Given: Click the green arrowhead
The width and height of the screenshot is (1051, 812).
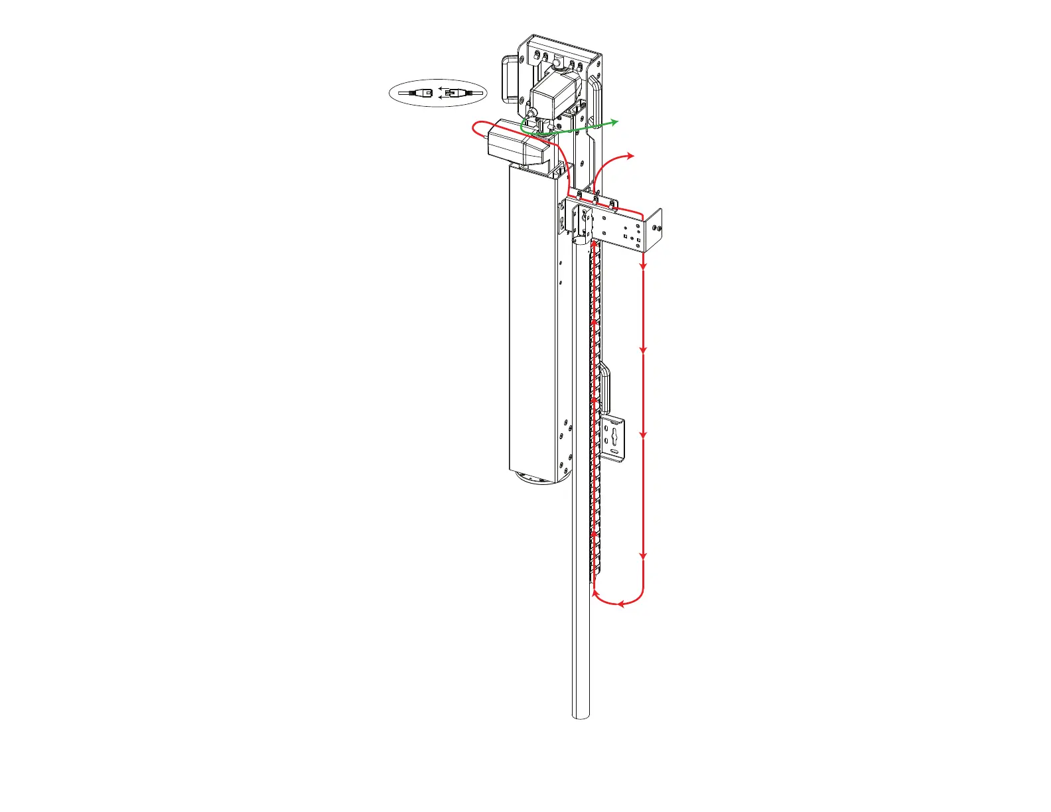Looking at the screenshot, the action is (614, 121).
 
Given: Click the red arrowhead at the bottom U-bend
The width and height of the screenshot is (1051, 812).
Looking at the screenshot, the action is (621, 604).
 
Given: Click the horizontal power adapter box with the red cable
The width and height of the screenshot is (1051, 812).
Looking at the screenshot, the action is (518, 147).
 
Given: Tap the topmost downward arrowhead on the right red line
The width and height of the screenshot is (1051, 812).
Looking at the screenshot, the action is (643, 266).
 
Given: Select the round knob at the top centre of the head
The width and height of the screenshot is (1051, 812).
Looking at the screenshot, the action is (557, 64).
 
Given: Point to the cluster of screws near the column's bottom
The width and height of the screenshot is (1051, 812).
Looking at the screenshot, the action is (565, 441).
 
